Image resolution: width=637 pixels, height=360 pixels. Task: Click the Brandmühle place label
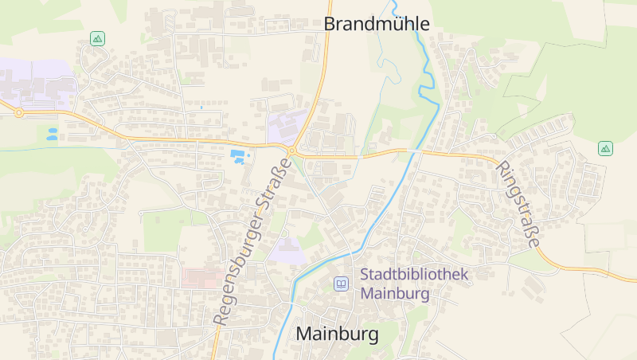point(376,24)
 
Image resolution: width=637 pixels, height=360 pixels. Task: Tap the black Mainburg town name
point(337,334)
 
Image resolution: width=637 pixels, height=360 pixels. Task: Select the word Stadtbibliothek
point(415,275)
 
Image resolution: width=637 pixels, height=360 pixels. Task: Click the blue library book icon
point(341,284)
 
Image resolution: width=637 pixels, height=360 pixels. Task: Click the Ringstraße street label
point(519,205)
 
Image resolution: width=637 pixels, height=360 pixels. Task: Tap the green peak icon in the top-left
point(97,38)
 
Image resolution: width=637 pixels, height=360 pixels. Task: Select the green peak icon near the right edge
point(605,148)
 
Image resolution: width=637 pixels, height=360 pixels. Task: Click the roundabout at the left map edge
point(18,113)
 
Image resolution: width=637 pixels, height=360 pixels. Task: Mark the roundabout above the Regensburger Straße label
point(292,150)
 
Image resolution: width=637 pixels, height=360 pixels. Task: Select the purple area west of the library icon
point(285,250)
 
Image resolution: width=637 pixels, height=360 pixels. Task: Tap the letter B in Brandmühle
point(330,24)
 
